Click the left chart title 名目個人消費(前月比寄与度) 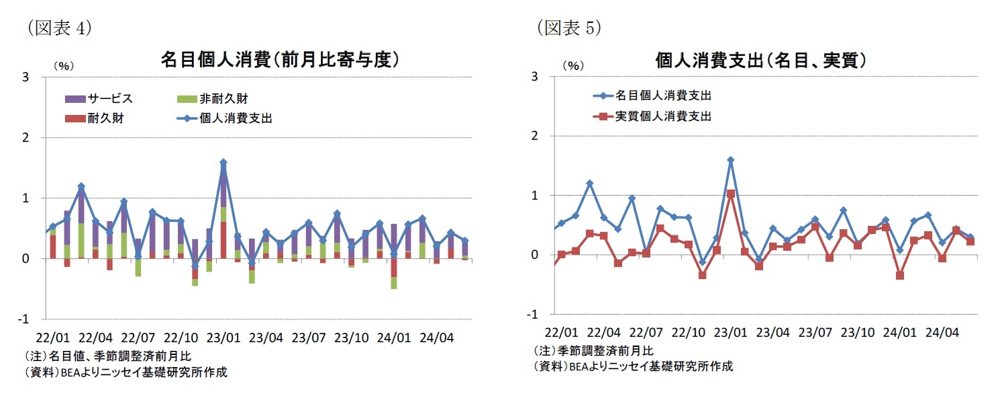coord(281,60)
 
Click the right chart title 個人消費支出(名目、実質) coord(760,60)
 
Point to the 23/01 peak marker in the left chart coord(223,162)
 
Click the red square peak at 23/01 coord(730,194)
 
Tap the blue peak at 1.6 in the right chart coord(730,160)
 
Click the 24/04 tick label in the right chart coord(942,332)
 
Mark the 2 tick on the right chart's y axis coord(535,136)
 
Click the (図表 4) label coord(58,28)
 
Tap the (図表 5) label coord(568,28)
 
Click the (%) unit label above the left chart coord(63,66)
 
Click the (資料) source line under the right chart coord(633,366)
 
